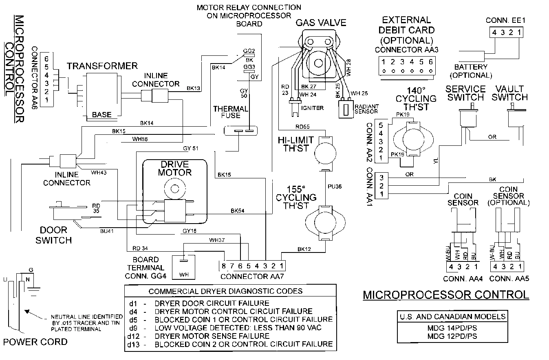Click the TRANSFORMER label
102,66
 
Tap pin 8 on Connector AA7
223,266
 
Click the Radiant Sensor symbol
345,109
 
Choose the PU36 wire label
334,186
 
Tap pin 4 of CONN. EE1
494,33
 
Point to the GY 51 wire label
191,148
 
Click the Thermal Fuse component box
242,131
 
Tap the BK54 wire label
238,211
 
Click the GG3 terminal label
249,67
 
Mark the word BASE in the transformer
101,115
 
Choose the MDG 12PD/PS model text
452,336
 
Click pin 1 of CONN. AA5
520,267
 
